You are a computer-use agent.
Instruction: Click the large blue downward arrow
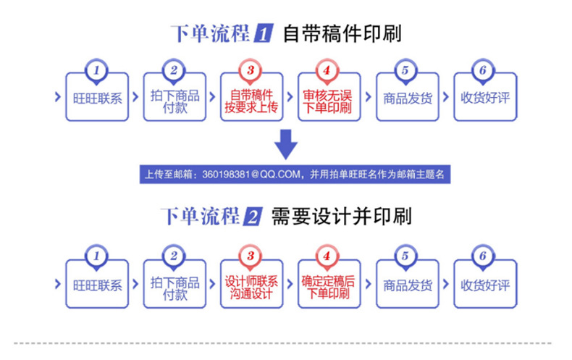[287, 144]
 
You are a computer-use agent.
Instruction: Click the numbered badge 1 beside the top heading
[264, 33]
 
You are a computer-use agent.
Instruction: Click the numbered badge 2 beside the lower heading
[253, 217]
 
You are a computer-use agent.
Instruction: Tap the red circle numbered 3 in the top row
[251, 70]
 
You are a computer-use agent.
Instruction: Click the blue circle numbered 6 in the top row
[482, 70]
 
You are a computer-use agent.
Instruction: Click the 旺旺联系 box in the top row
[96, 99]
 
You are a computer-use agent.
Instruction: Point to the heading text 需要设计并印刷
[341, 217]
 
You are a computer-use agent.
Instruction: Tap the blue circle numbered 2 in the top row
[174, 70]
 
